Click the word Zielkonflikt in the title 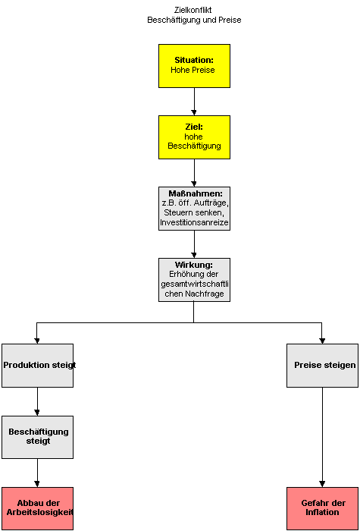[x=194, y=10]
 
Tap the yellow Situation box [x=194, y=66]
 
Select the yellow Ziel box [x=194, y=137]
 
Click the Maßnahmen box [x=194, y=209]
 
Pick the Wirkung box [x=194, y=280]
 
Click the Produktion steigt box [x=37, y=366]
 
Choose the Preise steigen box [x=322, y=366]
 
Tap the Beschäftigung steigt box [x=37, y=437]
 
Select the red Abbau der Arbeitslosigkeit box [x=37, y=509]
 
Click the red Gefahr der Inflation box [x=322, y=509]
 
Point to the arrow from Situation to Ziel [x=194, y=102]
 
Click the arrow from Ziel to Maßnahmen [x=194, y=173]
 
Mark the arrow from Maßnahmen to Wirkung [x=194, y=244]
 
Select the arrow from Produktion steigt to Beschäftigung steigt [x=37, y=401]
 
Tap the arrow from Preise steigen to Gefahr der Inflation [x=322, y=437]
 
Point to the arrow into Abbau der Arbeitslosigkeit [x=37, y=473]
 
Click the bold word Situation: [x=194, y=60]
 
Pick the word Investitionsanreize [x=194, y=223]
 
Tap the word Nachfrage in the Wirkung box [x=205, y=294]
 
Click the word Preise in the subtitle [x=231, y=20]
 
